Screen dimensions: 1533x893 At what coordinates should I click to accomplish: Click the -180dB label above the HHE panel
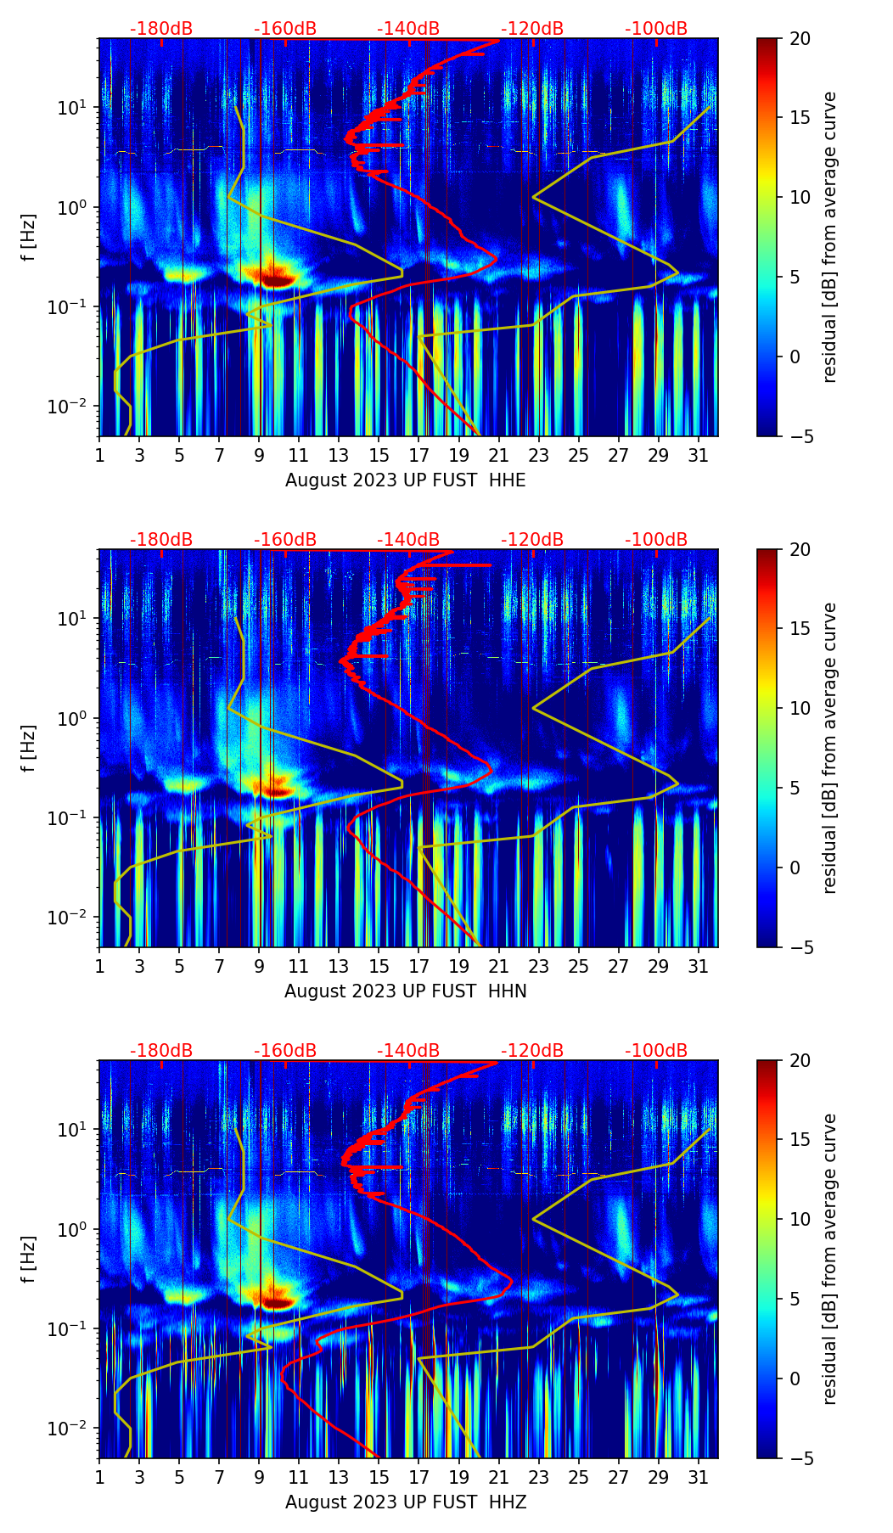pyautogui.click(x=161, y=29)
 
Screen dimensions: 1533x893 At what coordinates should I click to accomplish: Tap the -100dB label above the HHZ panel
pyautogui.click(x=656, y=1051)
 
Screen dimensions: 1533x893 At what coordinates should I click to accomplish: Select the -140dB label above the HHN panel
pyautogui.click(x=408, y=540)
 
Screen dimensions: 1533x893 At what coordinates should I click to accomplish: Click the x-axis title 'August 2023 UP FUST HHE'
pyautogui.click(x=405, y=480)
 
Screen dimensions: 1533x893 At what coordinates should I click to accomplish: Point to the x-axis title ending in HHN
pyautogui.click(x=405, y=991)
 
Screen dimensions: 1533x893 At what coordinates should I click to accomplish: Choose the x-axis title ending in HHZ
pyautogui.click(x=405, y=1502)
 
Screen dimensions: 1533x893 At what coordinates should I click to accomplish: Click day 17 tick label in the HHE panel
pyautogui.click(x=418, y=455)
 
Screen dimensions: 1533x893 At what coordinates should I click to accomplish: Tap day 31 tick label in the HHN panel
pyautogui.click(x=698, y=966)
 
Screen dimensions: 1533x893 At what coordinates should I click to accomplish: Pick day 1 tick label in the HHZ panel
pyautogui.click(x=99, y=1477)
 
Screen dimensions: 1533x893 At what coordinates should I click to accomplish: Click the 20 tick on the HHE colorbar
pyautogui.click(x=800, y=39)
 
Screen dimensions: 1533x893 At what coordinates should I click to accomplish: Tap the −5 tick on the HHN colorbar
pyautogui.click(x=800, y=947)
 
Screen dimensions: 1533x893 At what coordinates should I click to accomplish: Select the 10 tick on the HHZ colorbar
pyautogui.click(x=800, y=1219)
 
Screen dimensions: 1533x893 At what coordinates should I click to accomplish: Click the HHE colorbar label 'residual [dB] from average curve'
pyautogui.click(x=830, y=237)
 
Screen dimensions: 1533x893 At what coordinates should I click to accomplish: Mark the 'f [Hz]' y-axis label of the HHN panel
pyautogui.click(x=29, y=748)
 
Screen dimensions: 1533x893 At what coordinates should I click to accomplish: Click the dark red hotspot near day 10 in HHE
pyautogui.click(x=277, y=277)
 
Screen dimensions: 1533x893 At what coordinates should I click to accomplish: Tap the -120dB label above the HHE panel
pyautogui.click(x=532, y=29)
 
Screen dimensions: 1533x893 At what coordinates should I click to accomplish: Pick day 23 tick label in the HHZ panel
pyautogui.click(x=538, y=1477)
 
